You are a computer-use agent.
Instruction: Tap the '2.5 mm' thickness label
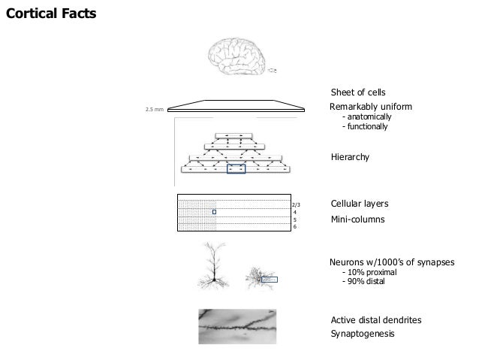point(153,109)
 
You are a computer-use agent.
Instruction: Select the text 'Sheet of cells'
point(358,92)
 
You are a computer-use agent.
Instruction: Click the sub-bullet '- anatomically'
point(366,117)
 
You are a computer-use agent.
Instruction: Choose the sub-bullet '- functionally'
point(364,126)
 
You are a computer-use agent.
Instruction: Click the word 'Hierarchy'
point(351,157)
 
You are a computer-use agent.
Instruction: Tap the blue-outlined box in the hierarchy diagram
point(236,169)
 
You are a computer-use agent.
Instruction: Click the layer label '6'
point(295,226)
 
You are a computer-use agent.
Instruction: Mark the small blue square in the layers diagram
point(214,212)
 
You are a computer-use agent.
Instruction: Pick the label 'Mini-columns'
point(357,219)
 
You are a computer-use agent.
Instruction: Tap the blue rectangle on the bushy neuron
point(269,280)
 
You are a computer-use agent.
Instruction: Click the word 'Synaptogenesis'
point(363,334)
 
